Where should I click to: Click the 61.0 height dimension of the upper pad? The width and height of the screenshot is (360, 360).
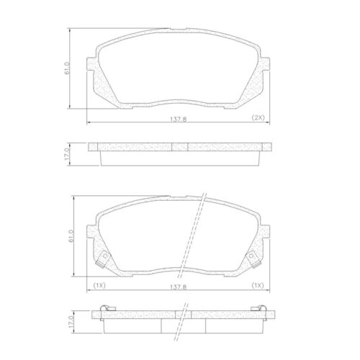pos(67,69)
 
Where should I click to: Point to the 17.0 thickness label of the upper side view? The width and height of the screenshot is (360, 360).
pos(67,153)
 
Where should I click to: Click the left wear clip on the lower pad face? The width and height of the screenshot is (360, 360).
pos(105,257)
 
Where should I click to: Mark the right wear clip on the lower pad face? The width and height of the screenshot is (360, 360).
pos(253,257)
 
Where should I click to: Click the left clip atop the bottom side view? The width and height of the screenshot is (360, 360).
pos(104,310)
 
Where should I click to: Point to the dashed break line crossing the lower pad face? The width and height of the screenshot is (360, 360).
pos(196,234)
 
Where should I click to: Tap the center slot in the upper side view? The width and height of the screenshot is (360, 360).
pos(180,147)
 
